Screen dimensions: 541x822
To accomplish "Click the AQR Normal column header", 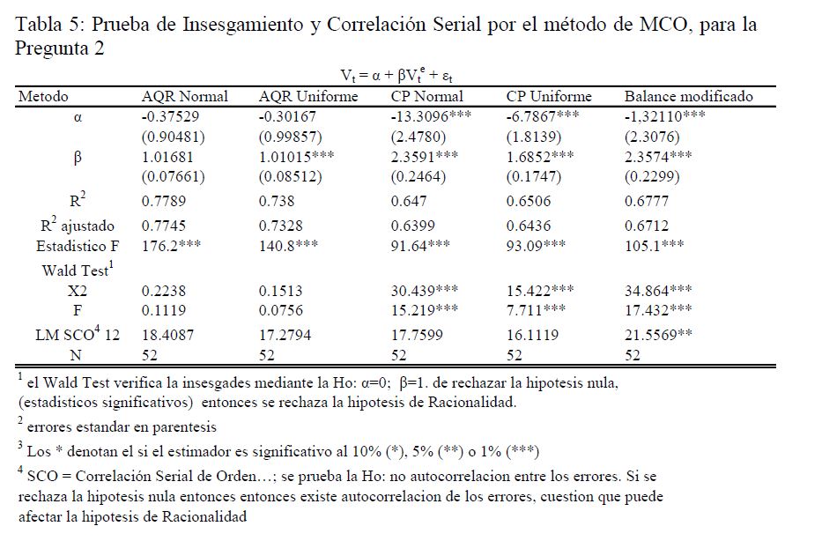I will [184, 97].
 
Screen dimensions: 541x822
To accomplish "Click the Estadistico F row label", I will [77, 246].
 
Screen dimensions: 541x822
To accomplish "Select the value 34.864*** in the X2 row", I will [659, 289].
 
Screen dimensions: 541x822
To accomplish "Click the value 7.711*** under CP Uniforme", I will [537, 309].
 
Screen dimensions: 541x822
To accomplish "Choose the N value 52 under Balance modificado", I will [633, 355].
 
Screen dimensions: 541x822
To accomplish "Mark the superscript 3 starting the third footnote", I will [20, 444].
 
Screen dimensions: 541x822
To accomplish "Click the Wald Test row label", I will [73, 269].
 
